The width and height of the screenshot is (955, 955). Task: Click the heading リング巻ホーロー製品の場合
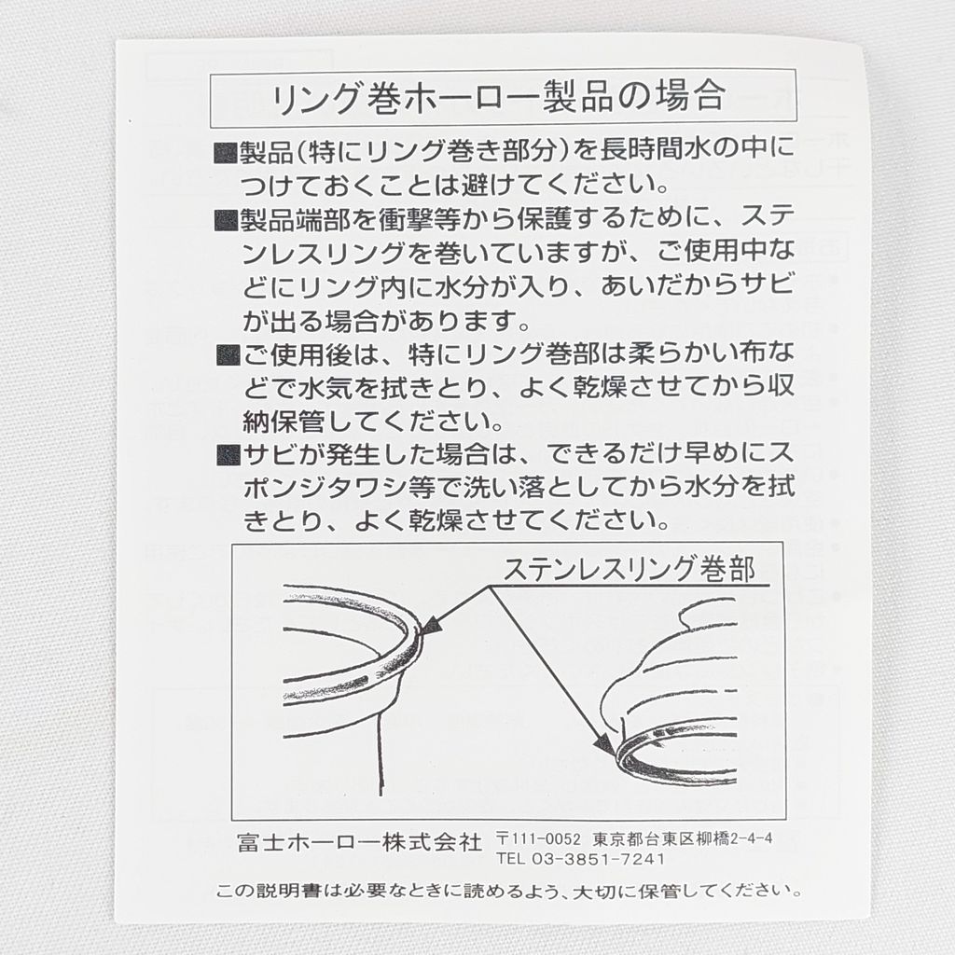(x=499, y=97)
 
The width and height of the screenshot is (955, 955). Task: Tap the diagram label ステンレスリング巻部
(x=630, y=569)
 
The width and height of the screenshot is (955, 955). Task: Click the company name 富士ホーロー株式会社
(x=359, y=842)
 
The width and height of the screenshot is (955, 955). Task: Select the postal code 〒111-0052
(x=538, y=838)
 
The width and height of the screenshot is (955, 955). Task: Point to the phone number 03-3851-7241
(x=598, y=859)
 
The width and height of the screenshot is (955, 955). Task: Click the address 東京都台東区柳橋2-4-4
(x=682, y=838)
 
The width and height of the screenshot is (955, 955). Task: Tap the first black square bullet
(x=226, y=153)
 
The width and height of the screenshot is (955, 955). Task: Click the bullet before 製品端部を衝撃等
(x=226, y=220)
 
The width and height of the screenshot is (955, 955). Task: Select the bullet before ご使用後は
(x=228, y=354)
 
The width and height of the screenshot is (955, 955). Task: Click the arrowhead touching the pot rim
(x=429, y=626)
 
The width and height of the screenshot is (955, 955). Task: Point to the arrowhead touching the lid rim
(x=604, y=743)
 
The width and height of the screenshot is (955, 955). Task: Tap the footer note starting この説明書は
(x=508, y=891)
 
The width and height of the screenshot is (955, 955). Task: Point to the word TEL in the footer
(x=510, y=859)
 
